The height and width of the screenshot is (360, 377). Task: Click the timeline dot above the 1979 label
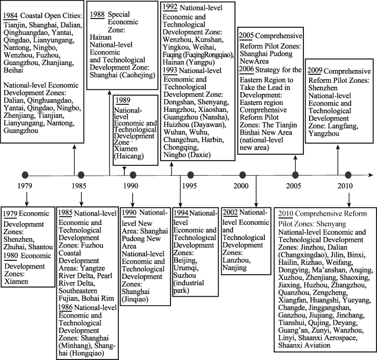(x=25, y=175)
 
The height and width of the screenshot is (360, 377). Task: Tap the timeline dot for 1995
(x=190, y=175)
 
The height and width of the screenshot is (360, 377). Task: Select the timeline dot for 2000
(x=242, y=175)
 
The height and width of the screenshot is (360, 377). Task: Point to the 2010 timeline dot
(x=348, y=175)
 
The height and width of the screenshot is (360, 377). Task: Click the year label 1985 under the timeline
(x=79, y=186)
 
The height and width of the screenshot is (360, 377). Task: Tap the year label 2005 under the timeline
(x=293, y=186)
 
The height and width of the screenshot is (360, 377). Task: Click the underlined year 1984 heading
(x=10, y=16)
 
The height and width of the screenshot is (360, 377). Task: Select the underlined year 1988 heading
(x=97, y=14)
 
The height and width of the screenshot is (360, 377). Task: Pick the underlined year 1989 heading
(x=123, y=100)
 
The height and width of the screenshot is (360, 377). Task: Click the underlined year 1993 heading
(x=170, y=70)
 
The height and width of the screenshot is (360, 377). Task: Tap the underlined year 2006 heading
(x=246, y=70)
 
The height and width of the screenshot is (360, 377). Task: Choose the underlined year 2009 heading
(x=315, y=71)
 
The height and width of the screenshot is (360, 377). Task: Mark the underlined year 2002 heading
(x=230, y=212)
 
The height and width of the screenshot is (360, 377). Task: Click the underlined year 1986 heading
(x=66, y=307)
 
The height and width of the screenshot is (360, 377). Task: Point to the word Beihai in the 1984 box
(x=13, y=70)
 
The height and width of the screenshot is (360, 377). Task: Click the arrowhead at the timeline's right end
(x=371, y=175)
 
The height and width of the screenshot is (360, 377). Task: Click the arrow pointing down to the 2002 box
(x=256, y=191)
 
